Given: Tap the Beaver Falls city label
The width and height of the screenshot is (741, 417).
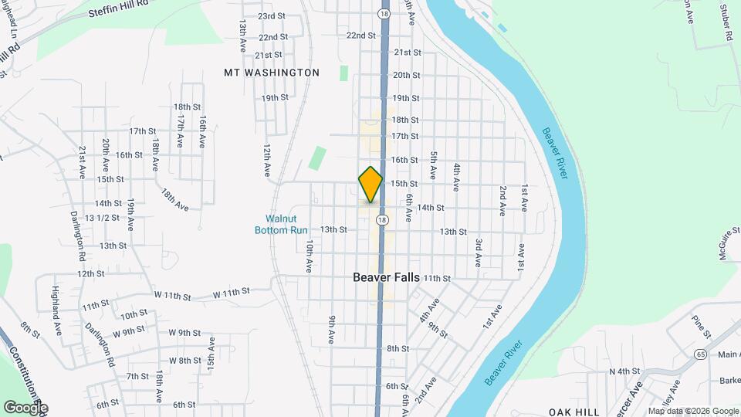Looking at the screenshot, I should point(386,276).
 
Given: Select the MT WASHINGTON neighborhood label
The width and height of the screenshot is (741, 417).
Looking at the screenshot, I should point(271,73).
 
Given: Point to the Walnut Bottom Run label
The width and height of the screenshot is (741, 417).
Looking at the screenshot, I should point(282,224).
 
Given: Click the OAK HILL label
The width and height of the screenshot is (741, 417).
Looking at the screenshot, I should point(574,412).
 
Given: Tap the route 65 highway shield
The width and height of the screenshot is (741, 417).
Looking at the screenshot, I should point(700,354).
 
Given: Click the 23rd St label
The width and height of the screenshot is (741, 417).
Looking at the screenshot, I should point(272,16).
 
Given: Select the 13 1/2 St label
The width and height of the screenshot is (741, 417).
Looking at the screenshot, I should point(102,218).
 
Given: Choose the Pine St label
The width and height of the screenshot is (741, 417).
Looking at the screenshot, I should point(701,327).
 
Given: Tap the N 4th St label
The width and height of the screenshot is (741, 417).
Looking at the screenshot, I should point(626,371).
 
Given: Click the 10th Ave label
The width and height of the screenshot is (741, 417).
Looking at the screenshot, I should point(309,256).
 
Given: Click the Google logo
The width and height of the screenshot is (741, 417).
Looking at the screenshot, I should point(25,407).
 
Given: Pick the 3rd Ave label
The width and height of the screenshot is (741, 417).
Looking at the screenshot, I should point(479,253).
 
